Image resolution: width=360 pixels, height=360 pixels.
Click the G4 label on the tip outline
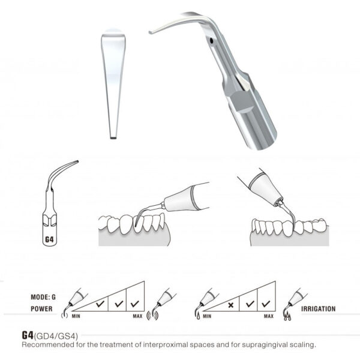click(x=49, y=239)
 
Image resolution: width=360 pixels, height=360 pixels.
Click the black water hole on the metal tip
click(x=212, y=41)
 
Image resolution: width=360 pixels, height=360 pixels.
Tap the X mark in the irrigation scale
click(x=231, y=305)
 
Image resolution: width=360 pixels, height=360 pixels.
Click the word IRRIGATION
click(x=318, y=309)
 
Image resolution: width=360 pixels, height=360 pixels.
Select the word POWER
click(x=41, y=309)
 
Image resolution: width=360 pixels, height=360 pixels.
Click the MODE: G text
click(x=43, y=297)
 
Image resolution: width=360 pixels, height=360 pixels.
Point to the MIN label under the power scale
click(x=76, y=316)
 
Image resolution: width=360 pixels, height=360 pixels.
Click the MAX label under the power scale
click(x=137, y=316)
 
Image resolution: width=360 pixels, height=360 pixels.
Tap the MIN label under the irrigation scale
click(x=207, y=316)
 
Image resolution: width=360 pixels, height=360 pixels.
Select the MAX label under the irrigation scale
click(x=269, y=316)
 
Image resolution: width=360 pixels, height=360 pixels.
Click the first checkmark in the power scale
click(x=100, y=304)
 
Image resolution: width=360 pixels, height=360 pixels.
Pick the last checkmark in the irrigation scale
click(x=266, y=304)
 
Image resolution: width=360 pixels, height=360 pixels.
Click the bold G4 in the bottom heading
click(x=28, y=335)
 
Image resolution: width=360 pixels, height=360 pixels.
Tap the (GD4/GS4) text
click(x=56, y=337)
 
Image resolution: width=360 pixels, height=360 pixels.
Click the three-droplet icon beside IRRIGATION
click(x=287, y=317)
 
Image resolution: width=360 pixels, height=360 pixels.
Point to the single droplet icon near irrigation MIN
click(x=198, y=316)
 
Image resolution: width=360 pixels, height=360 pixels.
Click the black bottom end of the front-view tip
click(x=113, y=138)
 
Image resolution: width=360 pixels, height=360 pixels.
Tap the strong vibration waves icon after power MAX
click(x=152, y=316)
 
